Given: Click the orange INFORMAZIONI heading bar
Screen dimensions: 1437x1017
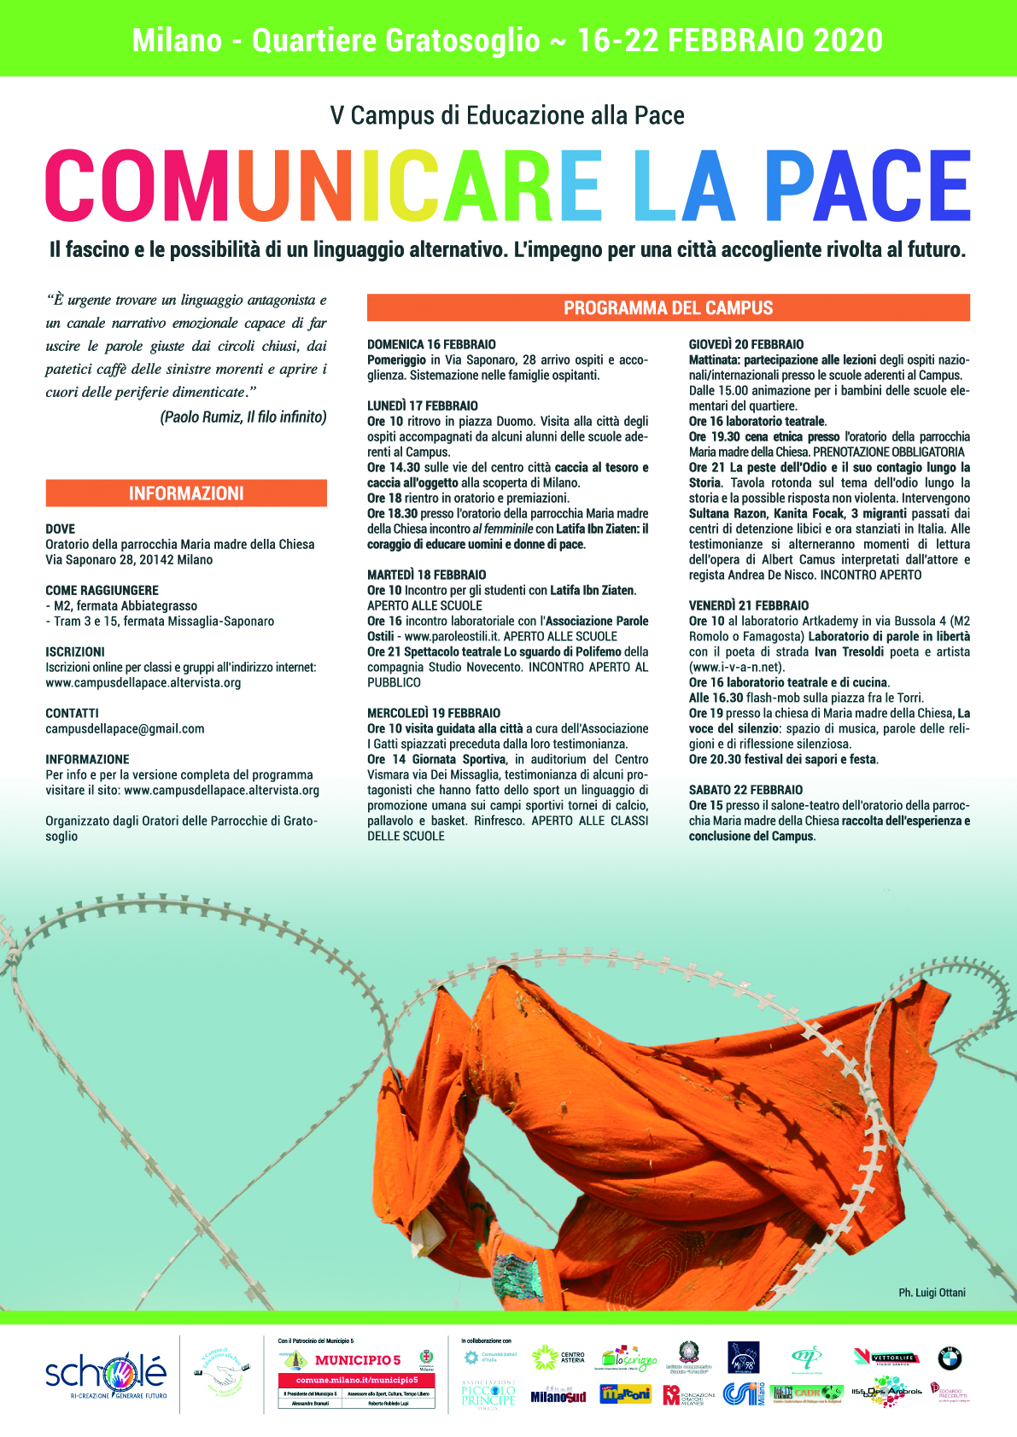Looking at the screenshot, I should [x=186, y=494].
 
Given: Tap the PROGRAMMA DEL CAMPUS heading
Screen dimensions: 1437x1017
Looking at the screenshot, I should [x=668, y=308].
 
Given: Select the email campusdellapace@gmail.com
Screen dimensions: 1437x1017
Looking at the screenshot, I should [x=125, y=729].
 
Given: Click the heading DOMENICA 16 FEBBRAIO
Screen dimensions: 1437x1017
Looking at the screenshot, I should [x=431, y=344].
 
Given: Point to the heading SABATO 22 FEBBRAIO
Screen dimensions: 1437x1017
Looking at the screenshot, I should [x=745, y=790].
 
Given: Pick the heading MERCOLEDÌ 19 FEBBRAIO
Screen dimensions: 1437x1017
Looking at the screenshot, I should [x=434, y=713].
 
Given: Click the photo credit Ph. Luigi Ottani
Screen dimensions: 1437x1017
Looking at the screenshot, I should [x=932, y=1293].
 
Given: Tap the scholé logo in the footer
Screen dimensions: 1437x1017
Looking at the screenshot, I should [x=106, y=1373].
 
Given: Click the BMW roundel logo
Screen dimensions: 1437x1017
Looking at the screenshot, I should [x=950, y=1358].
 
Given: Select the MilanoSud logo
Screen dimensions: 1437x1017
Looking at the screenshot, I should [x=558, y=1396].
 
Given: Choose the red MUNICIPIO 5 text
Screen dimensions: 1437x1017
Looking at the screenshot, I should [x=358, y=1360].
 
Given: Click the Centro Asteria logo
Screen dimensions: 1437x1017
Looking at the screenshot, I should [x=558, y=1358].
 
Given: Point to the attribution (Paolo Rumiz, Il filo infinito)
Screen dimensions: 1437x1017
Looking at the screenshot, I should [x=243, y=418].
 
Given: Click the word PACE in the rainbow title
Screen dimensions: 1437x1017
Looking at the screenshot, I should [x=866, y=186].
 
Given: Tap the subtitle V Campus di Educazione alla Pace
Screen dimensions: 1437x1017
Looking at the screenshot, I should [x=507, y=115].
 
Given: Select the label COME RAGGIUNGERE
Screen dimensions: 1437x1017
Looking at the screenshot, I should [x=102, y=590].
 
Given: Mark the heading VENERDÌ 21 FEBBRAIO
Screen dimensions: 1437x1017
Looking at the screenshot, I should [x=749, y=605].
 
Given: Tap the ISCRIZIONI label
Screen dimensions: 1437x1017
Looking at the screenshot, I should [x=75, y=651].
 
